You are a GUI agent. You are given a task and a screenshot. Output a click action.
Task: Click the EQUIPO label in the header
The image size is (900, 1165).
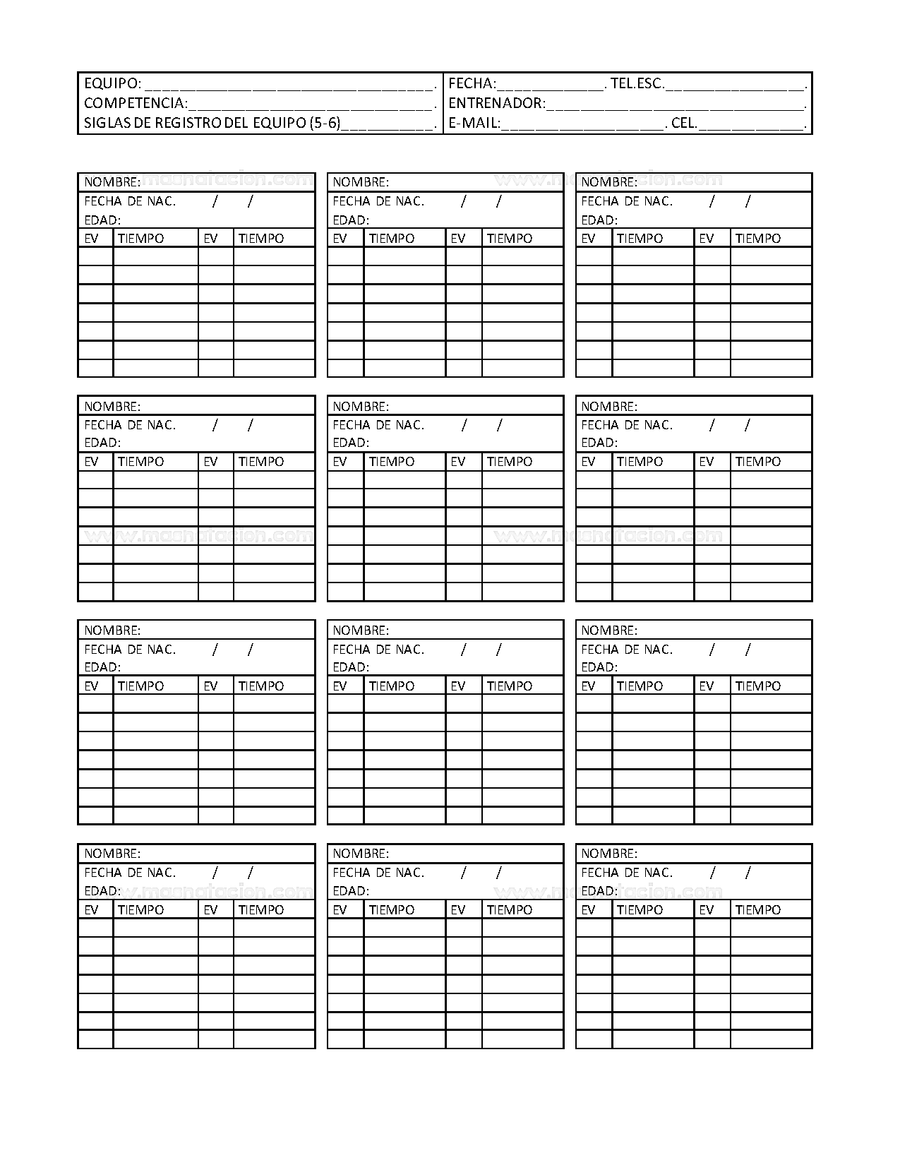pos(112,84)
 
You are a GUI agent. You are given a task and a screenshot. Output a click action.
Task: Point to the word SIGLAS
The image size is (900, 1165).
pos(104,124)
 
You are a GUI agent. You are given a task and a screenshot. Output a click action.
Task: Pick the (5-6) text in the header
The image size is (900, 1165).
pos(325,124)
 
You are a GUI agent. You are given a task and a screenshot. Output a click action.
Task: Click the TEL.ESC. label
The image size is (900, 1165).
pos(637,84)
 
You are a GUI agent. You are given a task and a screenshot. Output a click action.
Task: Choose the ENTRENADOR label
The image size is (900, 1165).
pos(497,104)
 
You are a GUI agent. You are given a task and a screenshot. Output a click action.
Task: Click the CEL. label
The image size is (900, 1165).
pos(684,124)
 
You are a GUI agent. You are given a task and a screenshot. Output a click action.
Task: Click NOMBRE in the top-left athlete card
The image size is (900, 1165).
pos(112,182)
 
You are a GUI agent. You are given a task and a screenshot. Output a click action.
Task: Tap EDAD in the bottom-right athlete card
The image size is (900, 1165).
pos(599,891)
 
